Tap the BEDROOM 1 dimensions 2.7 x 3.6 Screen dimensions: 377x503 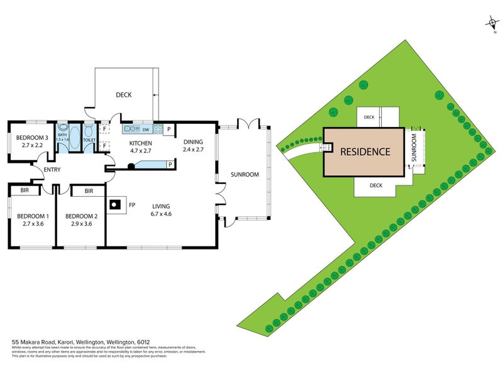pyautogui.click(x=30, y=224)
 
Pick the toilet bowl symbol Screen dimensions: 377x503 pyautogui.click(x=89, y=133)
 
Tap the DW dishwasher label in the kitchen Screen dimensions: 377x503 pyautogui.click(x=145, y=130)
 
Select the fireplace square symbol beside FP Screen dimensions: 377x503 pyautogui.click(x=115, y=204)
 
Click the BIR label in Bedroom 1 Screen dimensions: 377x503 pyautogui.click(x=25, y=190)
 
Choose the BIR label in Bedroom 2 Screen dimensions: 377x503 pyautogui.click(x=89, y=190)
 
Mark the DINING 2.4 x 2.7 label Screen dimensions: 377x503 pyautogui.click(x=194, y=146)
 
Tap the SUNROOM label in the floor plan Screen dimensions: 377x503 pyautogui.click(x=245, y=175)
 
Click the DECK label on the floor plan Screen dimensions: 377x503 pyautogui.click(x=123, y=95)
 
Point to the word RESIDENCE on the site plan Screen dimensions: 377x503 pyautogui.click(x=365, y=152)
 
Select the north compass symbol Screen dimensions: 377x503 pyautogui.click(x=491, y=24)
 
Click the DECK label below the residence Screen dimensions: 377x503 pyautogui.click(x=376, y=185)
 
